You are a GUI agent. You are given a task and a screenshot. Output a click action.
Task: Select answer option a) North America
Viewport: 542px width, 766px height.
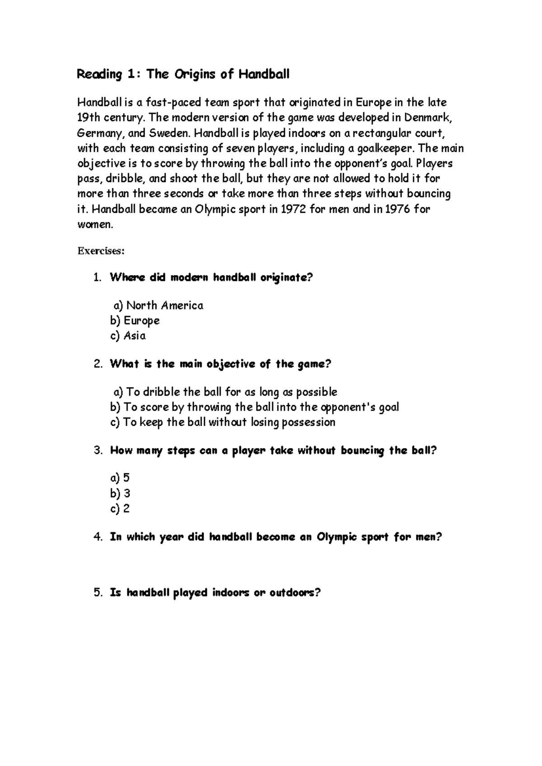[x=158, y=306]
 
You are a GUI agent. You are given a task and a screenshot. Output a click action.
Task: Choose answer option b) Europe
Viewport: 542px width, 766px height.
[x=135, y=321]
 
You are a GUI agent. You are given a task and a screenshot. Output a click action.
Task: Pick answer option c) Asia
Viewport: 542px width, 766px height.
[x=128, y=336]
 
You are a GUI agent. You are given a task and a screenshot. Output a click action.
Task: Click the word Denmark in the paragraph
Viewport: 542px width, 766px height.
[x=427, y=118]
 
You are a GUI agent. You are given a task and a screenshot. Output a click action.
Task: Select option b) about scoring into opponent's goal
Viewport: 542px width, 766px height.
[x=254, y=407]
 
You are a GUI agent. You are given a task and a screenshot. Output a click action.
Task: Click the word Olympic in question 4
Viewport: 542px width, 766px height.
[x=336, y=537]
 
